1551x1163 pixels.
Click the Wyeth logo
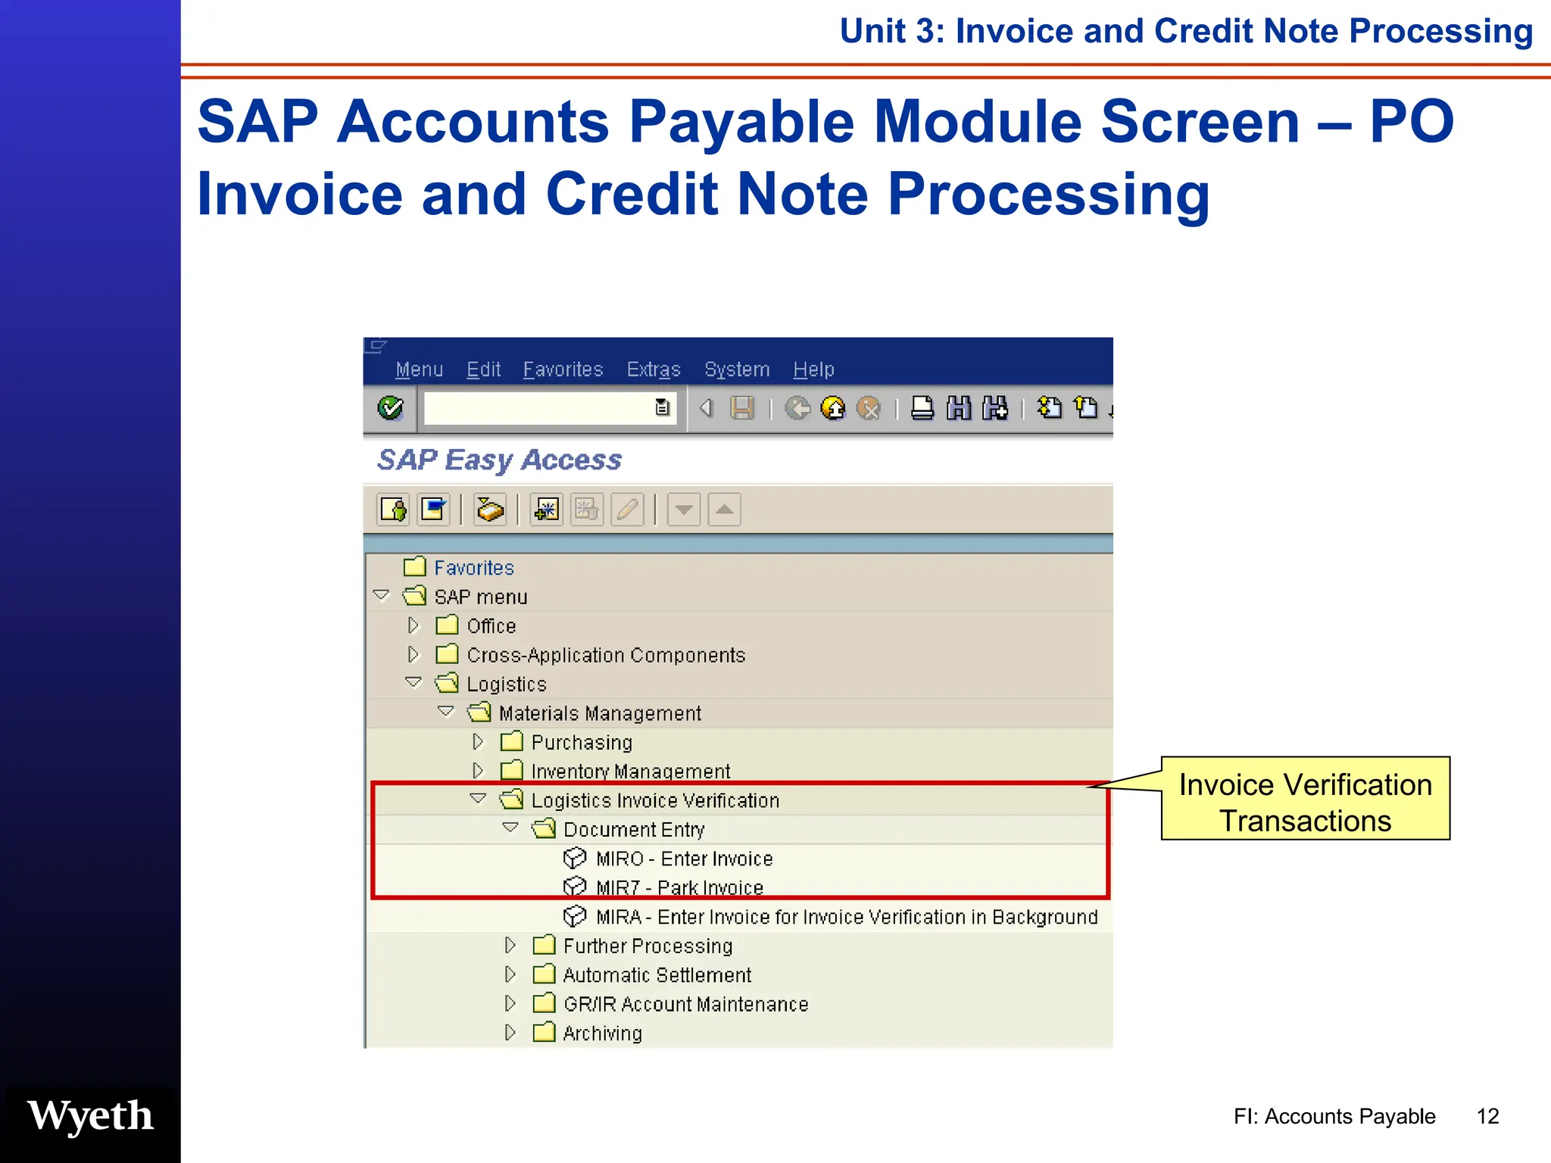coord(91,1116)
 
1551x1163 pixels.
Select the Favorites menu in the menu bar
coord(563,369)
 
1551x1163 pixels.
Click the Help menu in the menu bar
coord(813,369)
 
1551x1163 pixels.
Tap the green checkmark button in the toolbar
coord(391,408)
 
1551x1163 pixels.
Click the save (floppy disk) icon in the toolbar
coord(742,408)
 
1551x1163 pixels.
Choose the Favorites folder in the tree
coord(473,568)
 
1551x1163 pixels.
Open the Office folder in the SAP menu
coord(491,626)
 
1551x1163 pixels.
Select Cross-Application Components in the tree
coord(606,655)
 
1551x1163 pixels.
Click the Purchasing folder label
coord(581,742)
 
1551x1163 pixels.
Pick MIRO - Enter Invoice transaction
coord(684,859)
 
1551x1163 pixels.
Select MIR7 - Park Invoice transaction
coord(679,887)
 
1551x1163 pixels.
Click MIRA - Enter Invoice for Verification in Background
coord(846,917)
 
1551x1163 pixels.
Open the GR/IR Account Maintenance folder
coord(685,1004)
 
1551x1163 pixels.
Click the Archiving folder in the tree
coord(602,1034)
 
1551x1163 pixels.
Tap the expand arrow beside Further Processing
coord(510,946)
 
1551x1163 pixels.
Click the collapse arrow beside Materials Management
coord(446,712)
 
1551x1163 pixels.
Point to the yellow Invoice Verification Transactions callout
coord(1305,802)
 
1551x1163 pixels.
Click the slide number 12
coord(1487,1116)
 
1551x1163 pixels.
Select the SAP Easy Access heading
coord(499,460)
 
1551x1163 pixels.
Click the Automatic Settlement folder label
coord(657,975)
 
